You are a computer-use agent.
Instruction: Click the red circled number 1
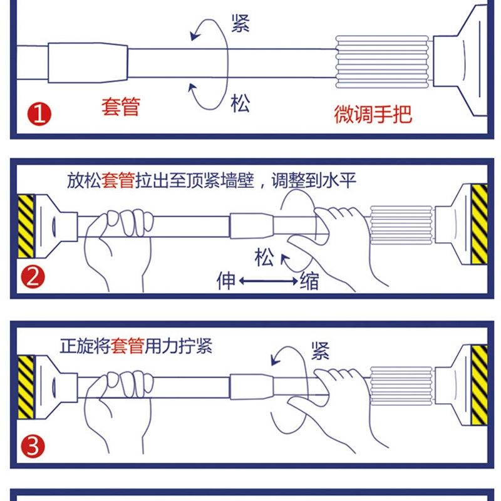click(39, 115)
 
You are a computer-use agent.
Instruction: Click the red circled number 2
click(33, 276)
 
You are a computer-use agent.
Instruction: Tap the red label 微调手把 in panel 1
click(373, 114)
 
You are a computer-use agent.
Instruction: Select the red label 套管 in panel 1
click(120, 106)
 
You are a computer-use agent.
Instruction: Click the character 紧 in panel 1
click(240, 23)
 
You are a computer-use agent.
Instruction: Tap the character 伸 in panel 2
click(226, 280)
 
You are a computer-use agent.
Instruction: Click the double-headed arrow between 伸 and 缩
click(268, 282)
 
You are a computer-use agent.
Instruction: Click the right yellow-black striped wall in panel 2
click(479, 224)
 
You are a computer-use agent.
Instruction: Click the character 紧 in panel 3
click(320, 351)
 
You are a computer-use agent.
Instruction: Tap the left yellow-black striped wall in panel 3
click(26, 387)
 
